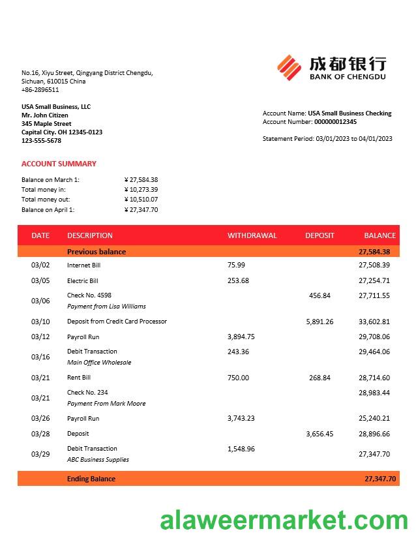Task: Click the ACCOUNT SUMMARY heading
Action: (59, 164)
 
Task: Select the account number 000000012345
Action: (335, 122)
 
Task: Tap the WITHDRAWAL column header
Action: (252, 235)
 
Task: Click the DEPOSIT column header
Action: (319, 235)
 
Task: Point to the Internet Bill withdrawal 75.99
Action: (236, 265)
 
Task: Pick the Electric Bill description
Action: (83, 280)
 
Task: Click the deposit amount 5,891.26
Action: (319, 322)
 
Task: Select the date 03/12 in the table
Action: (40, 337)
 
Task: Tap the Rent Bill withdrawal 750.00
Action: (238, 378)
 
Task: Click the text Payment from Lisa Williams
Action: (106, 307)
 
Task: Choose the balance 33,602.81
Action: (374, 322)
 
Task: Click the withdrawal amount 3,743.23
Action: (241, 418)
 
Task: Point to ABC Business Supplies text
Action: (98, 460)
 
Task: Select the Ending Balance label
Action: (91, 479)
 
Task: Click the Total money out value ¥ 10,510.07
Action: (141, 200)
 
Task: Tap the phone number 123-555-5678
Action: (41, 141)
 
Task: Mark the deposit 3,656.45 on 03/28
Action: (319, 434)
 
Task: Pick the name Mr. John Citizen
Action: (45, 115)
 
